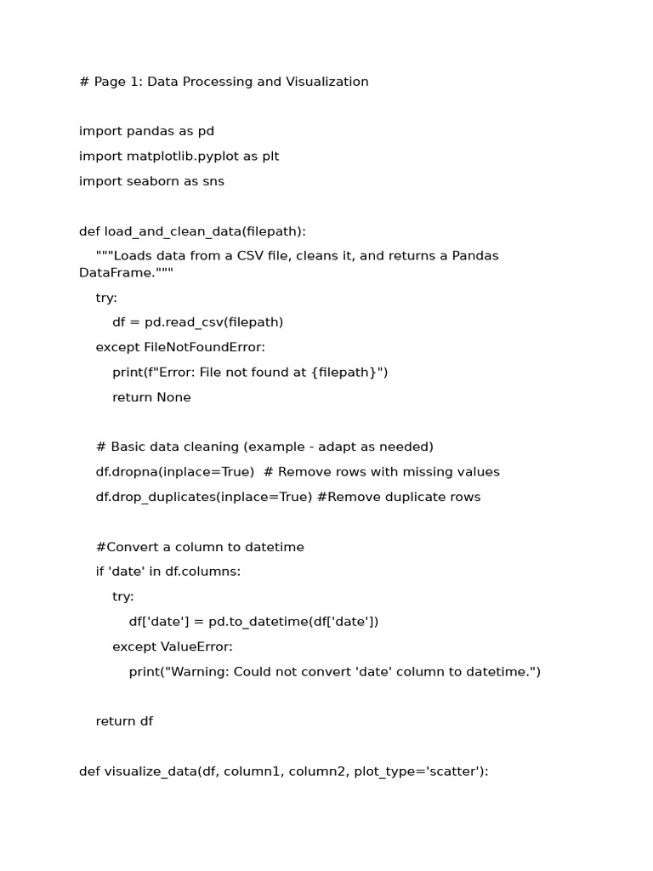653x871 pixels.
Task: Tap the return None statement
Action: tap(151, 397)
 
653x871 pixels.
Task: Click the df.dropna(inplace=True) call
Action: tap(174, 472)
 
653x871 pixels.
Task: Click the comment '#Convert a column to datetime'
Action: tap(200, 547)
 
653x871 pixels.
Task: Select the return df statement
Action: tap(124, 721)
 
